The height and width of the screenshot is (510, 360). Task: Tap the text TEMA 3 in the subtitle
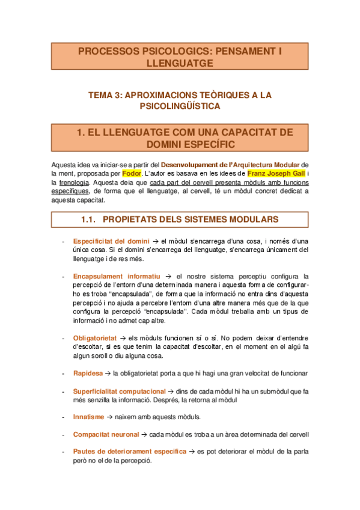[109, 95]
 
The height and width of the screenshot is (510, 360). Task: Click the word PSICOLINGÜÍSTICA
[180, 106]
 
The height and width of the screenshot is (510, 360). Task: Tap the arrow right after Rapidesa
[108, 373]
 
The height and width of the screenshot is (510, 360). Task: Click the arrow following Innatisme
[110, 416]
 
